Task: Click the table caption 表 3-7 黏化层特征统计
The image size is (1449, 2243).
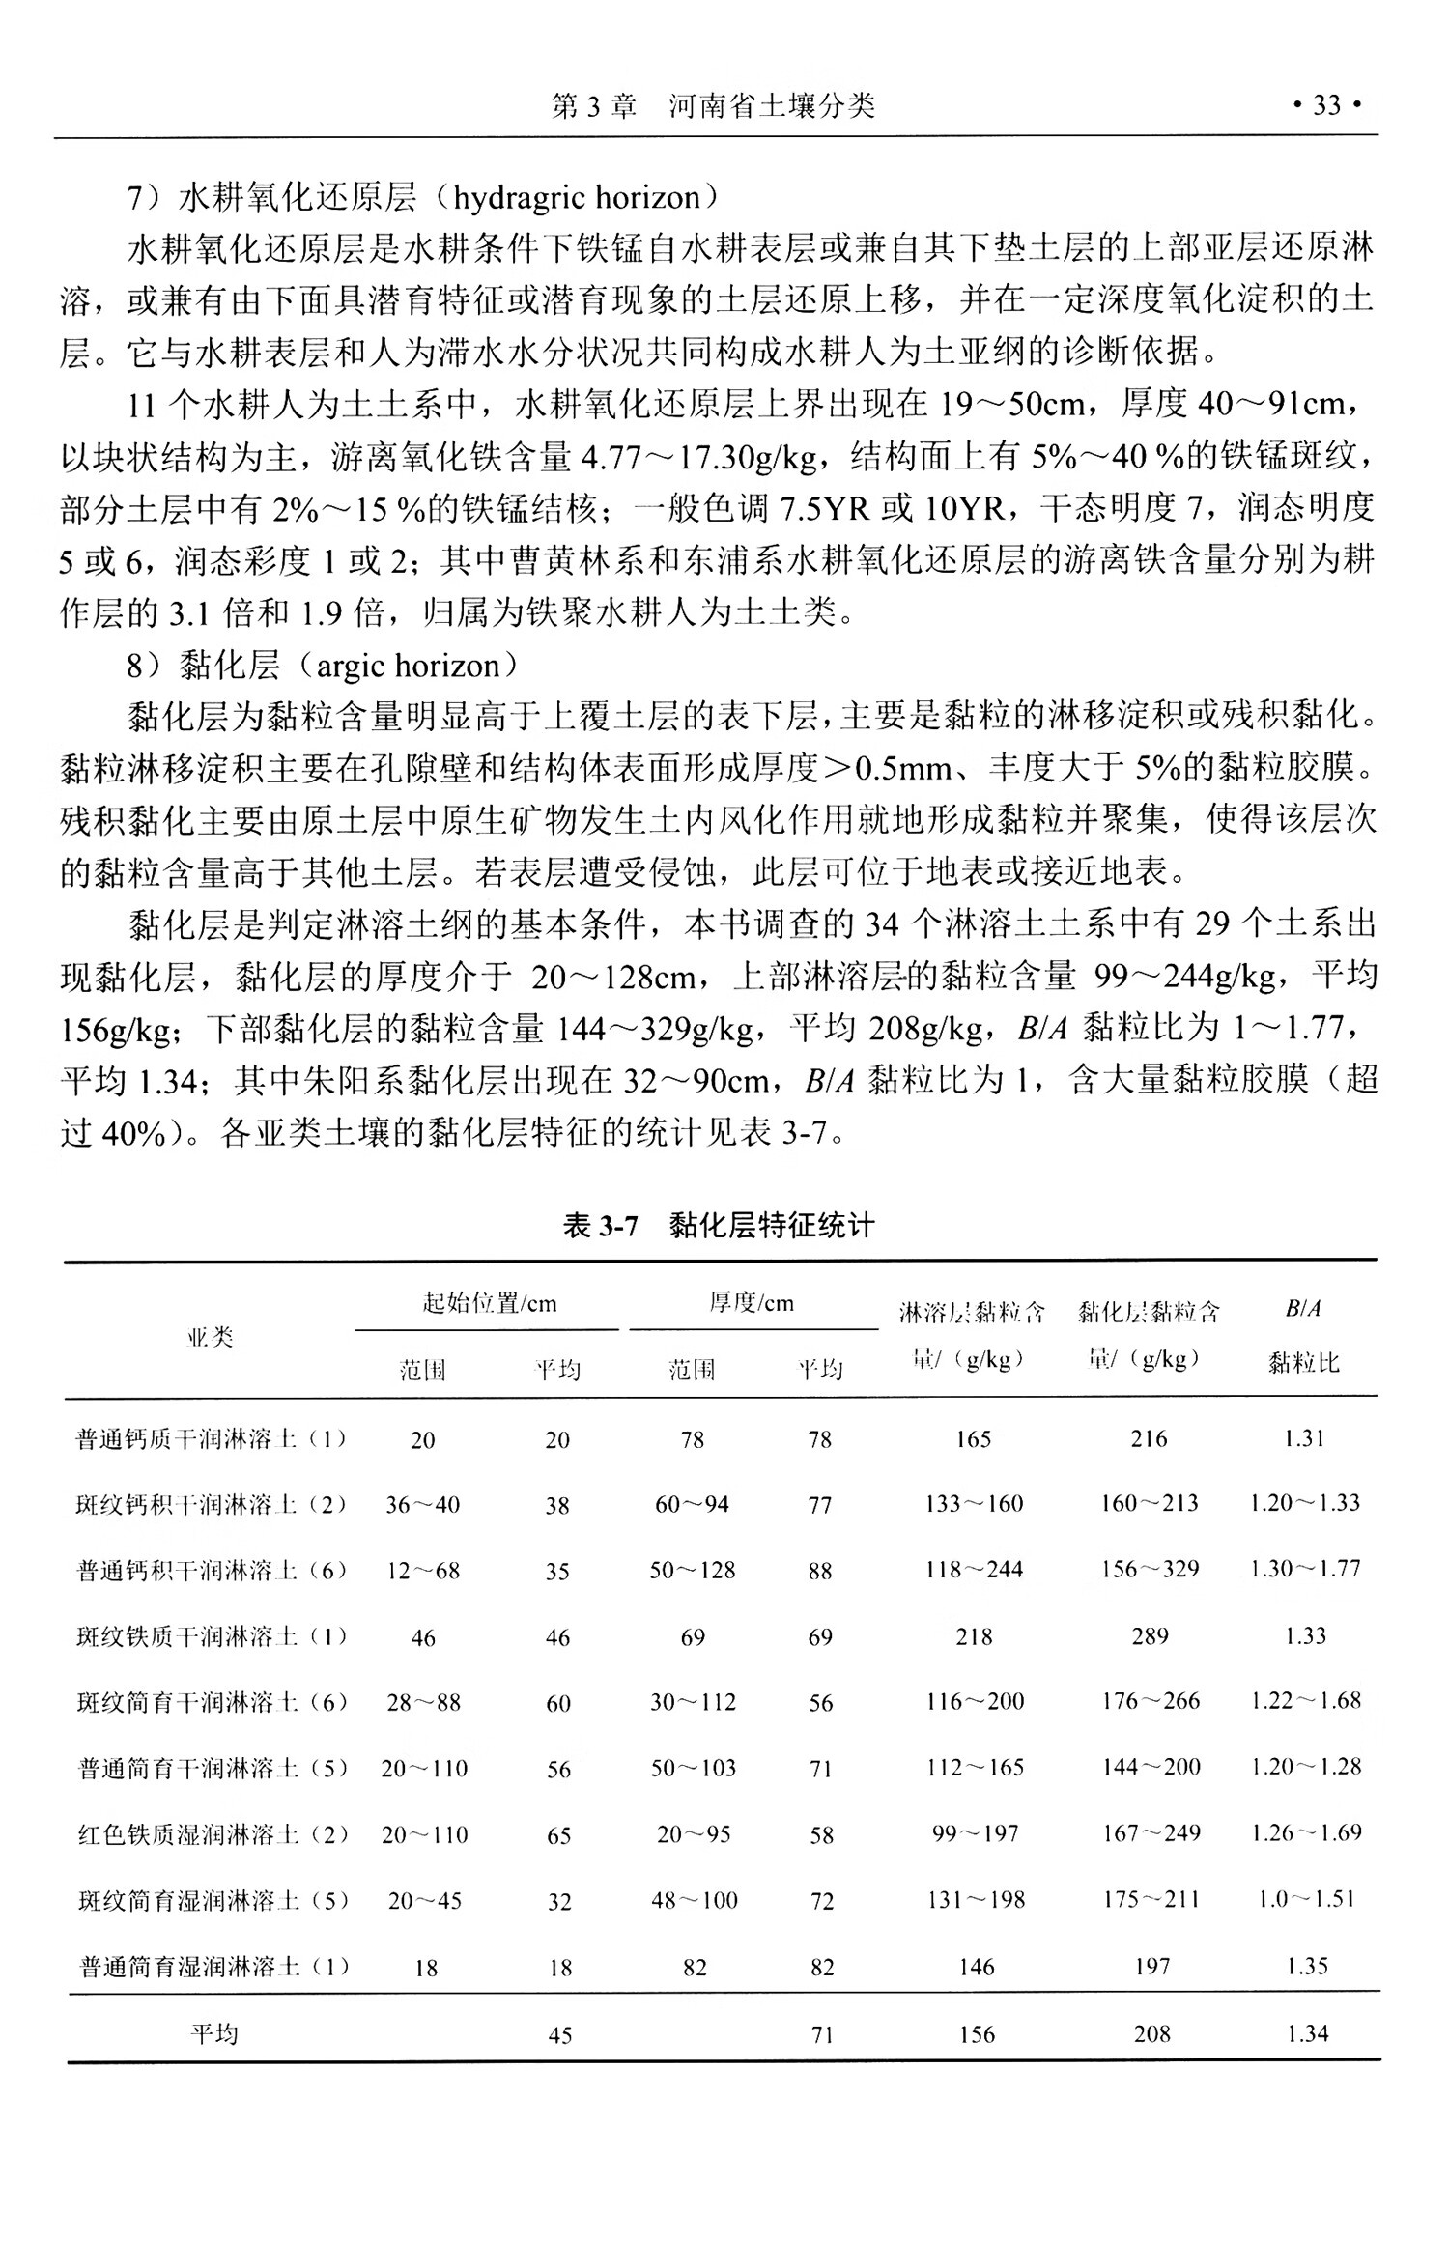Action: [x=719, y=1226]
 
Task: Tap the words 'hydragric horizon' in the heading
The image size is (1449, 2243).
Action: [x=576, y=198]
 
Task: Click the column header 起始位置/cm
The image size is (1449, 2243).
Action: [x=489, y=1303]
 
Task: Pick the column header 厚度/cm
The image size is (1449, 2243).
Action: [x=752, y=1303]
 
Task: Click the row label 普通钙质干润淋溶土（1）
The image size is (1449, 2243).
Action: [x=212, y=1439]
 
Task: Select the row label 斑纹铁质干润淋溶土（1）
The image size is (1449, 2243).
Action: [x=212, y=1636]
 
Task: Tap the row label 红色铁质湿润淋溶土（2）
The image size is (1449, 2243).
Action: [x=212, y=1833]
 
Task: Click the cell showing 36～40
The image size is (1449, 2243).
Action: [x=423, y=1505]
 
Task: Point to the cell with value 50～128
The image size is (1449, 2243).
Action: [x=693, y=1571]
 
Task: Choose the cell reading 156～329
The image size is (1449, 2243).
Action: [x=1150, y=1570]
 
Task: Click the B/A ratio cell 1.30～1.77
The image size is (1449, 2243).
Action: [x=1304, y=1570]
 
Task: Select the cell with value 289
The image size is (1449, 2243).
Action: [x=1150, y=1636]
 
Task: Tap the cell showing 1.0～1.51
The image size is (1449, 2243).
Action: [x=1306, y=1899]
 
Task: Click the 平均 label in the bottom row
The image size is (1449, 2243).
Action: [x=213, y=2034]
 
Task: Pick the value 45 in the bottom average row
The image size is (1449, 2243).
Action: [x=559, y=2035]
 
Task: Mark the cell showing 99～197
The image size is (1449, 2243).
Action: [x=975, y=1833]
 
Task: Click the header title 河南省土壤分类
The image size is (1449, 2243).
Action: [x=772, y=105]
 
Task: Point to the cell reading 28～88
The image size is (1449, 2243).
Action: [x=423, y=1702]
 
